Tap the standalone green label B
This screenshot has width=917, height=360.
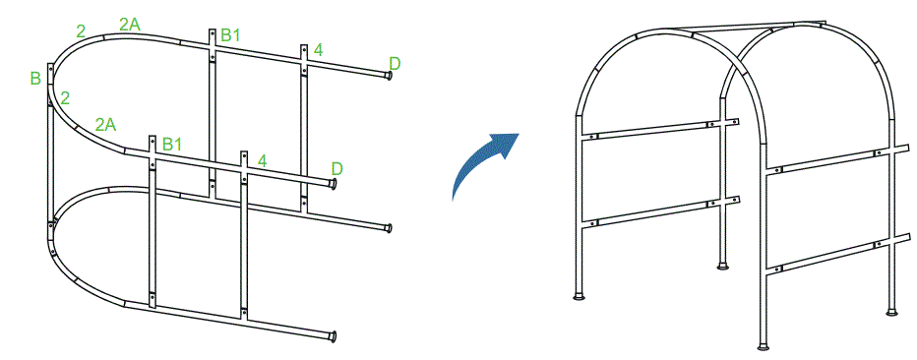tap(35, 78)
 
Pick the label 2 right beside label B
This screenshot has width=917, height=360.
tap(65, 97)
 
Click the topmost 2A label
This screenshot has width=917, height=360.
tap(130, 24)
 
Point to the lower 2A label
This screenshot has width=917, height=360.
tap(105, 124)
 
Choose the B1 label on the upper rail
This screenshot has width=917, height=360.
tap(231, 35)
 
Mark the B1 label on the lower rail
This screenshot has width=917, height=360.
tap(172, 144)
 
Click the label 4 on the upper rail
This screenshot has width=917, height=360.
tap(318, 49)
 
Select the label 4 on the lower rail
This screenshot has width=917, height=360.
tap(262, 159)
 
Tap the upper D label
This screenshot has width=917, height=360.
tap(395, 64)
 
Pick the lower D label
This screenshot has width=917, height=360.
tap(336, 168)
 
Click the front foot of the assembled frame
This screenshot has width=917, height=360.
tap(764, 346)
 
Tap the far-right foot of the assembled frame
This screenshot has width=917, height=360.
tap(891, 312)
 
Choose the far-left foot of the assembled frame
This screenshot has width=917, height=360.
tap(578, 295)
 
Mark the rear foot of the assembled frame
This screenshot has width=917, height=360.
tap(725, 265)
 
